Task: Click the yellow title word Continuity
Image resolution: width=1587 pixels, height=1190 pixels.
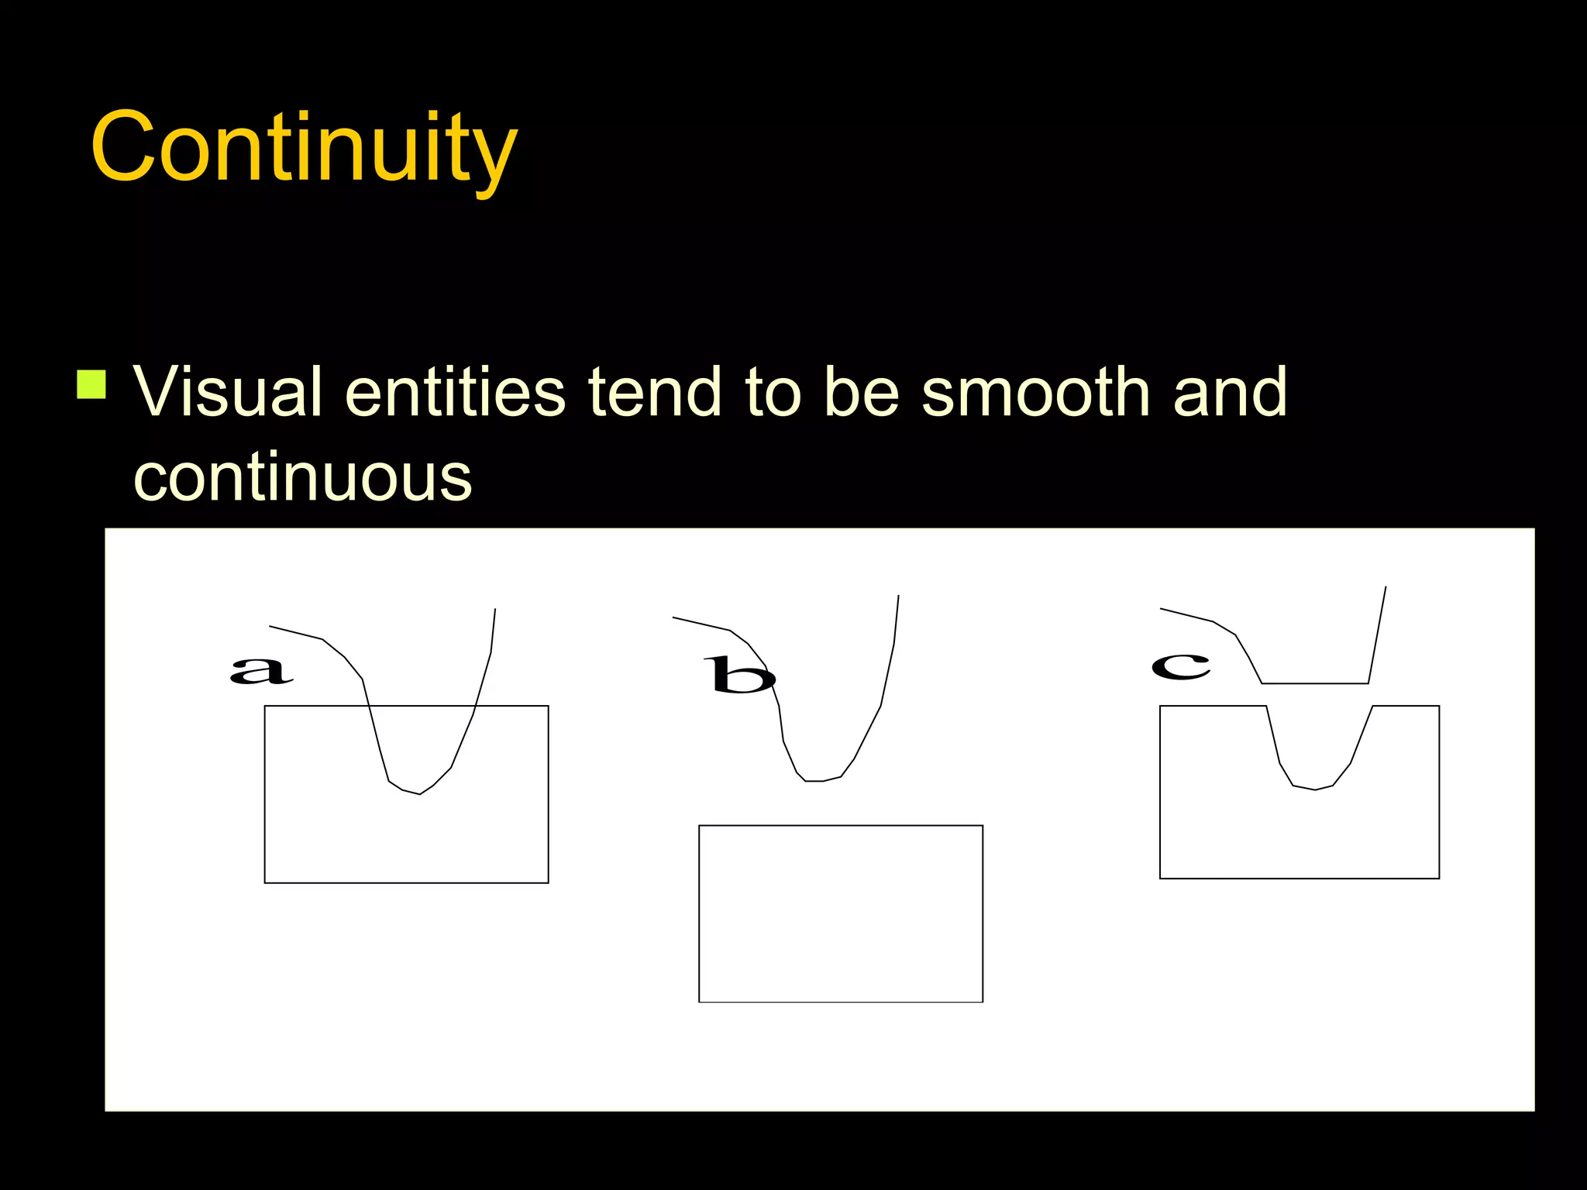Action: (x=304, y=147)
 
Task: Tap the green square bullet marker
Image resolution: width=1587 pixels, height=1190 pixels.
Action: (x=91, y=384)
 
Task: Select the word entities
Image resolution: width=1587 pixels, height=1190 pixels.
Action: (x=456, y=392)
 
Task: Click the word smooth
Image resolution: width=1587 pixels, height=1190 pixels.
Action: (x=1037, y=392)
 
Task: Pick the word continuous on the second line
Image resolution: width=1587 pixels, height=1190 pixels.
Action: (x=303, y=477)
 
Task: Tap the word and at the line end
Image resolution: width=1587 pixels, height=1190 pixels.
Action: (x=1230, y=392)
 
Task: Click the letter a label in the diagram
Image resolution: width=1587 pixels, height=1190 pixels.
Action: (x=262, y=669)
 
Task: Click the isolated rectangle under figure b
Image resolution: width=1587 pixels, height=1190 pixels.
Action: (x=841, y=914)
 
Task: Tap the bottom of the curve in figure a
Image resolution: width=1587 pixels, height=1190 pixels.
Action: (x=418, y=793)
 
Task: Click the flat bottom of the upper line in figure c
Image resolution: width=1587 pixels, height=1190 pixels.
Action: (x=1315, y=683)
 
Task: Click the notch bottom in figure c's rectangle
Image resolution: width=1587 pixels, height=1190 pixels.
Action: (x=1315, y=789)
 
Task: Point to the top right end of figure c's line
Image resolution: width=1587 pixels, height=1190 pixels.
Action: (x=1385, y=588)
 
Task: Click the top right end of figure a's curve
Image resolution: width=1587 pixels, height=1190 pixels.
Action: (x=494, y=610)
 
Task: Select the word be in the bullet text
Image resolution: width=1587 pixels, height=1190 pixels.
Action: (x=861, y=392)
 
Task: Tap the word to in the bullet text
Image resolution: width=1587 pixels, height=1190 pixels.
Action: (x=773, y=392)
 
